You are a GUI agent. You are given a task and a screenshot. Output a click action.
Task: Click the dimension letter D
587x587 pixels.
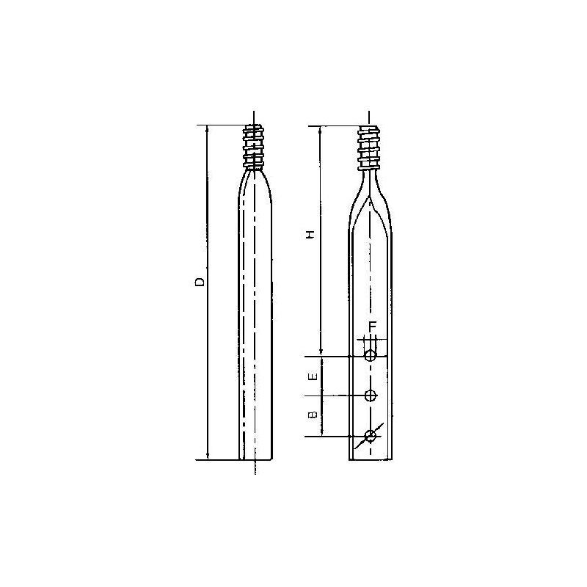199,282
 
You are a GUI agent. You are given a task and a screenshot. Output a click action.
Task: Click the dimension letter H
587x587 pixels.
311,234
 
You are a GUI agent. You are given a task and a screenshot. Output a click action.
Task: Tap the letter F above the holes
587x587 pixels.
372,326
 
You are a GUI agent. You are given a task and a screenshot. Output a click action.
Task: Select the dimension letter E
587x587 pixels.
312,376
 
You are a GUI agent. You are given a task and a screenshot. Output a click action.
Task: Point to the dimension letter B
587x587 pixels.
312,415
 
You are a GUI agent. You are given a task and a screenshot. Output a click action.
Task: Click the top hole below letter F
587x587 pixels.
371,356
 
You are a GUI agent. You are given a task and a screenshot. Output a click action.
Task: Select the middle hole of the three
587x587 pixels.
371,395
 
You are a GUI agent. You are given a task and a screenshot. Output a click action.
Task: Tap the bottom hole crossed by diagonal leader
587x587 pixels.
371,436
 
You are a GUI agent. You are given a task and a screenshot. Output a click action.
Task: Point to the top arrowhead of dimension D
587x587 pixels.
208,129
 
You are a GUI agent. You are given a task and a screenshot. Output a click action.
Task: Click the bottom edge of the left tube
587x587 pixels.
255,460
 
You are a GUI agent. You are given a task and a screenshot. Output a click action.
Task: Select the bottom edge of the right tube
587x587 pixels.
371,460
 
